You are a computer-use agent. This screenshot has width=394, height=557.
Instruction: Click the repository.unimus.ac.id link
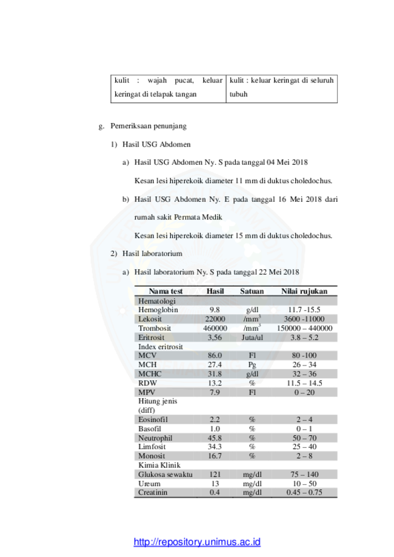(197, 542)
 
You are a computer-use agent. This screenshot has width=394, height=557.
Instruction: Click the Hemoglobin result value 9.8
(215, 310)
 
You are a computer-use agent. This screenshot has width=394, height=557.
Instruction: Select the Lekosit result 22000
(215, 319)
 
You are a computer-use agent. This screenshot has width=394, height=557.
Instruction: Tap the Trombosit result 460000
(215, 329)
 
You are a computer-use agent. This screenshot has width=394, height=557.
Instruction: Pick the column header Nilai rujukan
(304, 292)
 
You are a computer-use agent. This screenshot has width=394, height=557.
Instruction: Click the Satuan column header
(252, 292)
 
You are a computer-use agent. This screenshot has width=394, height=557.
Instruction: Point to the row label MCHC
(150, 374)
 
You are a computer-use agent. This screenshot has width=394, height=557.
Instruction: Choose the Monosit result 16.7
(215, 456)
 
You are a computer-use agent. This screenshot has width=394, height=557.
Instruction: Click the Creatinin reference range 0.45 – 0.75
(304, 492)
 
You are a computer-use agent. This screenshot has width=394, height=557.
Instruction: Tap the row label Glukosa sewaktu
(165, 475)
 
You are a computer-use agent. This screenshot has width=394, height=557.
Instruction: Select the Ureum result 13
(215, 484)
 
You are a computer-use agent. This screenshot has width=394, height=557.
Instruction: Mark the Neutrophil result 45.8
(215, 438)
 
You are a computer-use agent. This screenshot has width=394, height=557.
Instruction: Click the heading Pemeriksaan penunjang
(149, 126)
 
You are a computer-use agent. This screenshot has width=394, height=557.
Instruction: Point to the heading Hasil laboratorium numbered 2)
(152, 253)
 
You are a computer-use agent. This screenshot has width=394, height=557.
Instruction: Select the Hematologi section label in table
(156, 301)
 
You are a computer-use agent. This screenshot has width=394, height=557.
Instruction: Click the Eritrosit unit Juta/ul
(252, 338)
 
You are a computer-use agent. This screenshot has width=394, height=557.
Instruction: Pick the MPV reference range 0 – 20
(304, 393)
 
